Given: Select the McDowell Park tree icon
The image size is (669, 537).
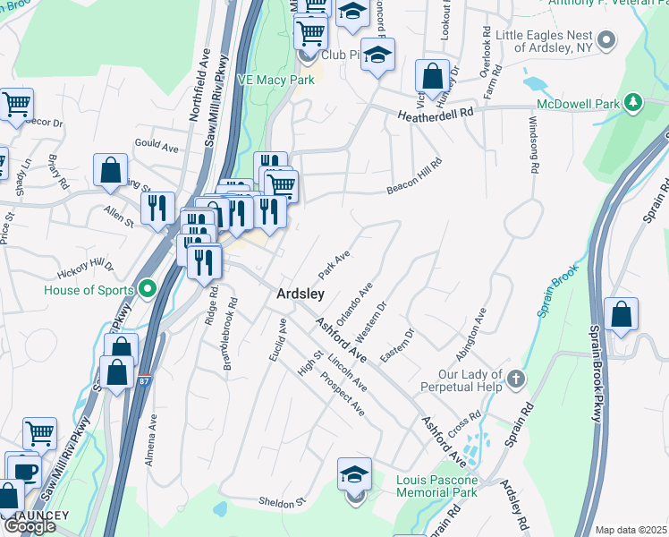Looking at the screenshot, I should click(x=633, y=104).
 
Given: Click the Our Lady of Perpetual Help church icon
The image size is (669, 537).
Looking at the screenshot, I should click(x=515, y=379).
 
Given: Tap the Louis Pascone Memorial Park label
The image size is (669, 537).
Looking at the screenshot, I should click(x=436, y=486).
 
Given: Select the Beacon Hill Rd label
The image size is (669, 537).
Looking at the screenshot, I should click(x=415, y=176).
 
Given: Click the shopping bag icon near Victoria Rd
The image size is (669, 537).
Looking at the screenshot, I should click(x=433, y=77).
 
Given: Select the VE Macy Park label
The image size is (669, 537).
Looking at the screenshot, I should click(x=275, y=80).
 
